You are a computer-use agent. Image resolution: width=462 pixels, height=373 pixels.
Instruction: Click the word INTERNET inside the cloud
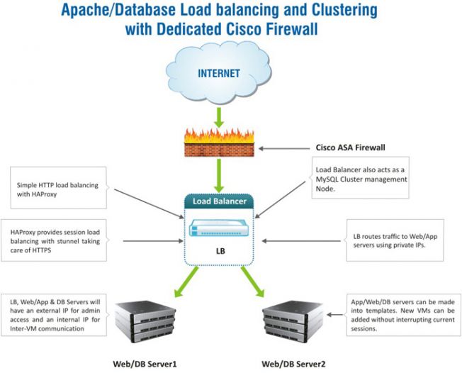coord(219,73)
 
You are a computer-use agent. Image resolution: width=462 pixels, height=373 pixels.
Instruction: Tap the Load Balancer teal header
coord(219,201)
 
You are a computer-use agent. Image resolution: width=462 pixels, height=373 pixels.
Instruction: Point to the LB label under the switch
coord(220,251)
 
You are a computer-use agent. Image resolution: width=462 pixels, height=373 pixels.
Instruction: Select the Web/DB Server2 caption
coord(294,364)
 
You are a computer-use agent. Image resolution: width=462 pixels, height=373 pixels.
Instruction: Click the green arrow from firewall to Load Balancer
coord(219,174)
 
